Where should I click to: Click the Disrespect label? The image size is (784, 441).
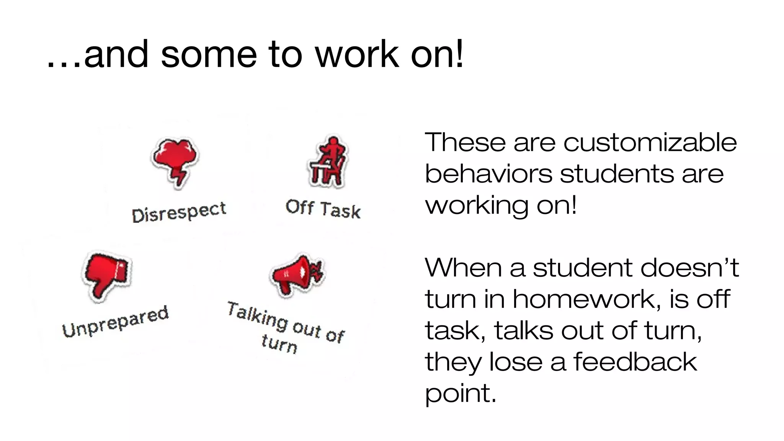179,212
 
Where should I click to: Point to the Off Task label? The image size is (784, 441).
323,209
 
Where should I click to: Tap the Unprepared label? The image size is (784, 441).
115,322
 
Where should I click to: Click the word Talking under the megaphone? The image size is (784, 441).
257,317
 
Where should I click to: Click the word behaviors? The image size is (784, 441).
488,174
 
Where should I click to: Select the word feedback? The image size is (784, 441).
635,362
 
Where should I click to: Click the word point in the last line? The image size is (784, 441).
460,394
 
